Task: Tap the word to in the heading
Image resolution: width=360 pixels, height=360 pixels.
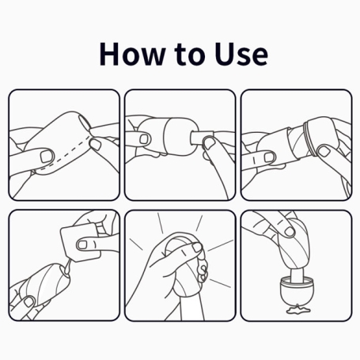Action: coord(189,55)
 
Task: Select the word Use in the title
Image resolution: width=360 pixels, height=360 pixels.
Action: coord(241,54)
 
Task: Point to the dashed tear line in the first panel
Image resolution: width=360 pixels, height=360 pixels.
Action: coord(65,154)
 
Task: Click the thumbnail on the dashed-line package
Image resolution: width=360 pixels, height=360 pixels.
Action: coord(47,156)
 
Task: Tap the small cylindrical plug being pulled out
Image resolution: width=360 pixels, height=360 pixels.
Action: coord(201,138)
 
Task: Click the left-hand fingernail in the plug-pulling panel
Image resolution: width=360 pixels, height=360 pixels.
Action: coord(144,139)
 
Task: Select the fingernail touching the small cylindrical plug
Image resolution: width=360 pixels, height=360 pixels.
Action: coord(209,142)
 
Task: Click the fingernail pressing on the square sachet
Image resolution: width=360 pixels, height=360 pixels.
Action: coord(83,244)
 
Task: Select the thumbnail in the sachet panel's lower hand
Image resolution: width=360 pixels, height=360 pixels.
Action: coord(28,301)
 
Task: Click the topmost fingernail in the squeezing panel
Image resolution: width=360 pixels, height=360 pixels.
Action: coord(197,247)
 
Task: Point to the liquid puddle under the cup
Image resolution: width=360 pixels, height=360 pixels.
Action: coord(298,309)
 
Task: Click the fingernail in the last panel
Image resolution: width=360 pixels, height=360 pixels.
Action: coord(290,232)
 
